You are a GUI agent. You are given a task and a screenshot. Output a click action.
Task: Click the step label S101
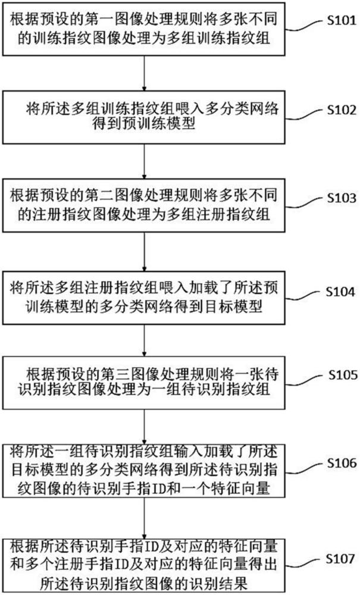[x=342, y=20]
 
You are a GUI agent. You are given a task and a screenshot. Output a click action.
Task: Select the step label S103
[x=342, y=198]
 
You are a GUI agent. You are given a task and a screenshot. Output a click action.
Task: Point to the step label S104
[x=340, y=292]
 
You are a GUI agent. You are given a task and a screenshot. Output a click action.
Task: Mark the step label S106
[x=342, y=462]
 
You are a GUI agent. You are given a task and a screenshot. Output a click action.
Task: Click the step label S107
[x=340, y=558]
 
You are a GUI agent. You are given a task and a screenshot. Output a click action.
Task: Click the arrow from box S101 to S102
[x=144, y=73]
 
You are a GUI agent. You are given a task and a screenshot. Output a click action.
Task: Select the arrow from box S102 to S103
[x=144, y=162]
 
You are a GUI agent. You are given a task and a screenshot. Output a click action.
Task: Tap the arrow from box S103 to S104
[x=144, y=252]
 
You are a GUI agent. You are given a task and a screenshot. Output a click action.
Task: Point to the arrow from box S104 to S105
[x=144, y=340]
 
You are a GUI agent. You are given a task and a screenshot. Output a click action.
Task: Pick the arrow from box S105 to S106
[x=144, y=427]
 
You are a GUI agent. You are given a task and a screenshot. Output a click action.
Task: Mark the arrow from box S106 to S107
[x=144, y=518]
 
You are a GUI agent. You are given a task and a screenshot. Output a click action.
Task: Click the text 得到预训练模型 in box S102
[x=144, y=123]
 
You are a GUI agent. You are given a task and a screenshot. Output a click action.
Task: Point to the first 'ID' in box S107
[x=148, y=547]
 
